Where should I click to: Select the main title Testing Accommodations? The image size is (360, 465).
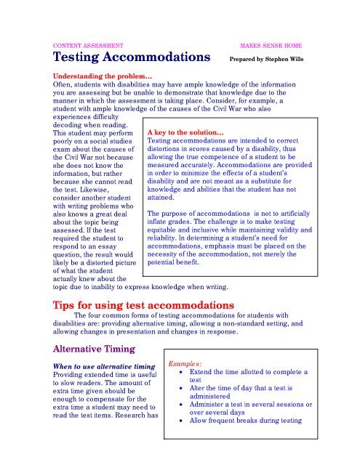click(x=132, y=57)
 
